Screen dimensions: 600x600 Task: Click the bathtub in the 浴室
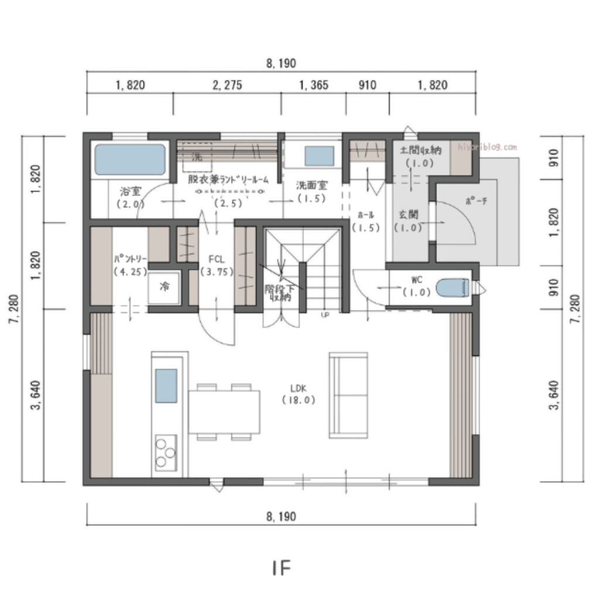pyautogui.click(x=130, y=159)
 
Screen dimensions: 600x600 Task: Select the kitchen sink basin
pyautogui.click(x=165, y=386)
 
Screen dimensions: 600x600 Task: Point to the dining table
pyautogui.click(x=224, y=412)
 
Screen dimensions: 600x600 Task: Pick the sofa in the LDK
pyautogui.click(x=348, y=395)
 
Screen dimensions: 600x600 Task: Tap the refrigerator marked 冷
pyautogui.click(x=164, y=288)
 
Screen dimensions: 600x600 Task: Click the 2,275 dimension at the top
pyautogui.click(x=227, y=86)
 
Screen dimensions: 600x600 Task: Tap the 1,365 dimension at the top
pyautogui.click(x=313, y=86)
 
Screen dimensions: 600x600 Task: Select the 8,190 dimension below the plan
pyautogui.click(x=281, y=516)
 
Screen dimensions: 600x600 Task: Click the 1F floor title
pyautogui.click(x=281, y=568)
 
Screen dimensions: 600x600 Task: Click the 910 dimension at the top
pyautogui.click(x=367, y=86)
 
